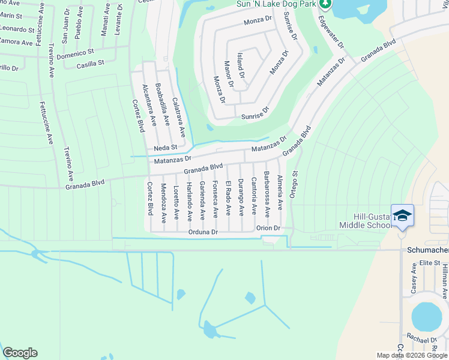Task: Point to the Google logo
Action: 20,353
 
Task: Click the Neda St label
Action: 166,147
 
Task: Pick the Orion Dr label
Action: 268,228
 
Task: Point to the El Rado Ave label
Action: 228,197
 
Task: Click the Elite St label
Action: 430,263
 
